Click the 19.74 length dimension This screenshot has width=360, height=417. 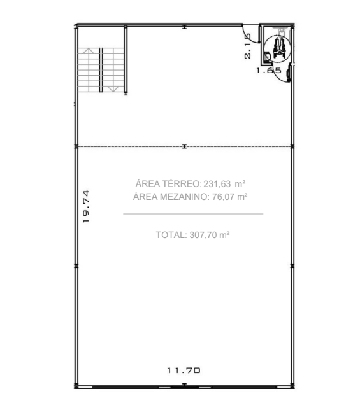coord(86,206)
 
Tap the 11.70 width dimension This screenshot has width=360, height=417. coord(184,370)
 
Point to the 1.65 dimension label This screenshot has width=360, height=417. coord(269,71)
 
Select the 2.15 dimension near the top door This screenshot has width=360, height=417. coord(247,46)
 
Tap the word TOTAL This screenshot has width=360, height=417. coord(171,235)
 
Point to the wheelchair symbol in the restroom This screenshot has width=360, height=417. coord(279,49)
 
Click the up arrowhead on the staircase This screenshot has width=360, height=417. coord(89,50)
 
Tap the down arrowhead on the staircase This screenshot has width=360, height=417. coord(113,89)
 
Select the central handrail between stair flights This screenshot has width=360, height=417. coord(101,70)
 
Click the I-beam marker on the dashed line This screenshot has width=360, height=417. coord(184,146)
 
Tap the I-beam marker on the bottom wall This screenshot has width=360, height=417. coord(184,385)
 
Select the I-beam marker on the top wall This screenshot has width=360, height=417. coord(184,26)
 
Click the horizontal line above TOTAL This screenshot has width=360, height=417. coord(193,213)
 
